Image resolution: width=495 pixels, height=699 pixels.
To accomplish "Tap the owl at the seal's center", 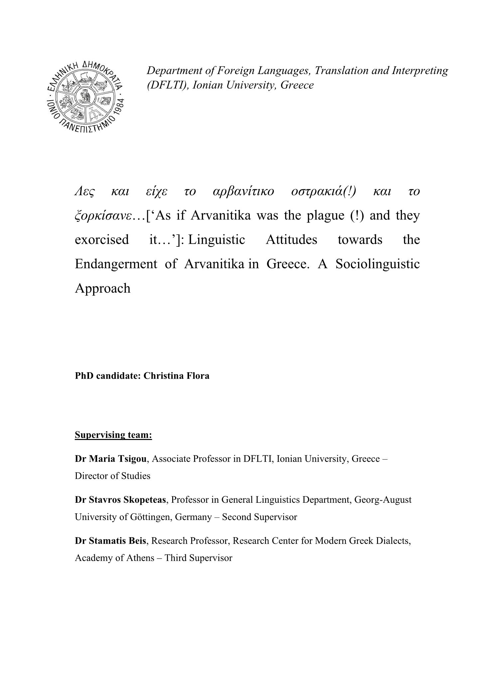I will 86,98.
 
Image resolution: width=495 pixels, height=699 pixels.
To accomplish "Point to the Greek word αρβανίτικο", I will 243,192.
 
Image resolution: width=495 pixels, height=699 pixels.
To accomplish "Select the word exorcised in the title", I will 102,239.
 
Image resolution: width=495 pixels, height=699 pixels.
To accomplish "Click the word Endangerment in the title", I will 116,264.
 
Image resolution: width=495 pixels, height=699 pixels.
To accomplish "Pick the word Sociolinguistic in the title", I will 377,264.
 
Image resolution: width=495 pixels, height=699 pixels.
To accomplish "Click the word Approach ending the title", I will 103,288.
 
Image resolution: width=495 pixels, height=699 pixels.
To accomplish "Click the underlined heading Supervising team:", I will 113,435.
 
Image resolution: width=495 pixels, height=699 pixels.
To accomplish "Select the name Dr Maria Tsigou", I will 110,459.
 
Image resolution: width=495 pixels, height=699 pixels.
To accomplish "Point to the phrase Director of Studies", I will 112,476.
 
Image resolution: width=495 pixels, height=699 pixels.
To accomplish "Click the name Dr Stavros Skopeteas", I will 120,500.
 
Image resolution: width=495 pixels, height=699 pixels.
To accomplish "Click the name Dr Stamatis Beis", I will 110,541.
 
